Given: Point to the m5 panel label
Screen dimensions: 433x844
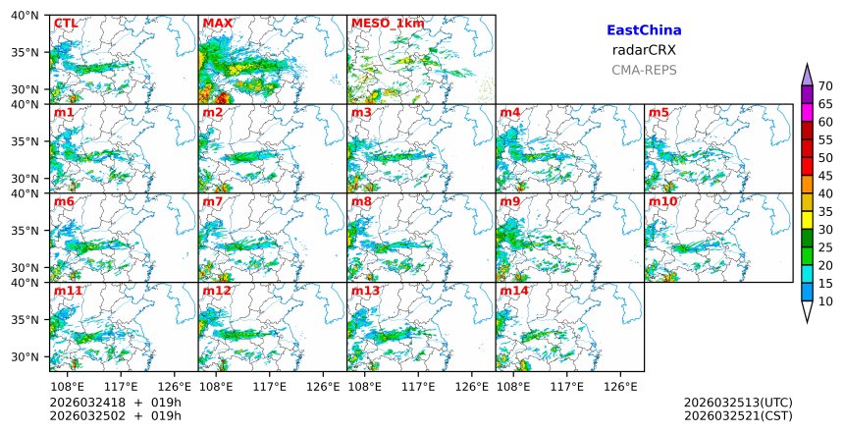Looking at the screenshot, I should click(659, 113).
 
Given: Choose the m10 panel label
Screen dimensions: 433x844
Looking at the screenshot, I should click(662, 202).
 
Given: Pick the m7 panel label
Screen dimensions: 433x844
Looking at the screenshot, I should click(213, 202).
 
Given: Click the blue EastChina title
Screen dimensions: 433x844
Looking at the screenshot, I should click(644, 30).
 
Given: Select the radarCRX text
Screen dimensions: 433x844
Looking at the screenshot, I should click(644, 50).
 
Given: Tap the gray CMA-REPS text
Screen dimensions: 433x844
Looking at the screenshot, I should click(644, 70).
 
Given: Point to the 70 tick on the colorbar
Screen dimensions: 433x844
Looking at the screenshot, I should click(825, 86).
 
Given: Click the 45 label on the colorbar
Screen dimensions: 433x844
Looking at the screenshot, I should click(825, 176).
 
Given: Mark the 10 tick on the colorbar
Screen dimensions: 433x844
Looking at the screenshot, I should click(825, 301).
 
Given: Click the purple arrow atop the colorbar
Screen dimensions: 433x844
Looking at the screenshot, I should click(807, 75).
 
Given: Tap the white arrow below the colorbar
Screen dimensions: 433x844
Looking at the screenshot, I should click(807, 312).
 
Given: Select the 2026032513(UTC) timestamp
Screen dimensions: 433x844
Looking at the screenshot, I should click(738, 403).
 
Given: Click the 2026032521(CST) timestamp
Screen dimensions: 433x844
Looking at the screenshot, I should click(738, 415).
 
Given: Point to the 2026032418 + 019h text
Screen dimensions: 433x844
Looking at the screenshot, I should click(109, 403).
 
